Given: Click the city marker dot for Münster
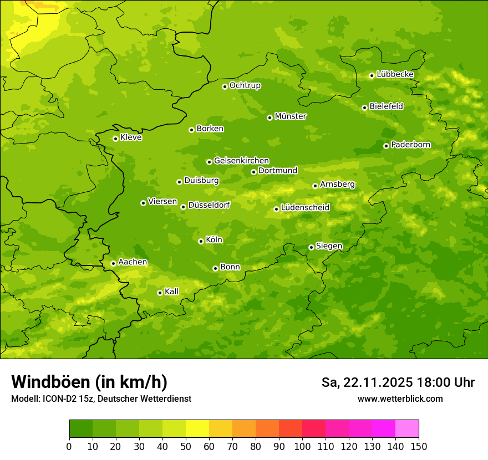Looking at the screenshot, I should [x=270, y=117].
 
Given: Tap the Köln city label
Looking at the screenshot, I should [x=214, y=240].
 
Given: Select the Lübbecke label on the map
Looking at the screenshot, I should [x=395, y=74].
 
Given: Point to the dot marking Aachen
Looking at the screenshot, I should [x=113, y=263].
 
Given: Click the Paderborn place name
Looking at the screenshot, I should [x=410, y=145].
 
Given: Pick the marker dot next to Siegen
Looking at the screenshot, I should [x=311, y=247].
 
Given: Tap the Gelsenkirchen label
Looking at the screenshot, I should [x=241, y=161].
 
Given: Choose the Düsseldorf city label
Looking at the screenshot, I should [x=209, y=205].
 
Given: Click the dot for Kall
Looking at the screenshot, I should [x=160, y=293].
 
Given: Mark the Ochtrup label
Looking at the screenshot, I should [x=245, y=85].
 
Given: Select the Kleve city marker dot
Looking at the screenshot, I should [x=115, y=139].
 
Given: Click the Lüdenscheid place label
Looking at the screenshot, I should [x=305, y=208].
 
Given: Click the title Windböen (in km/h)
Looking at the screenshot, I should [x=89, y=382].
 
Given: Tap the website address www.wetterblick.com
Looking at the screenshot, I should [x=400, y=398].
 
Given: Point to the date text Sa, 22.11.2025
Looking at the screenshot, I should [x=367, y=382].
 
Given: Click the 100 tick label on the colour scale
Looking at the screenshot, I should [x=302, y=446].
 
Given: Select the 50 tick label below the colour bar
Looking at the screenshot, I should [x=186, y=446].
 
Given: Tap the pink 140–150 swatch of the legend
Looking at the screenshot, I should [x=407, y=429].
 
